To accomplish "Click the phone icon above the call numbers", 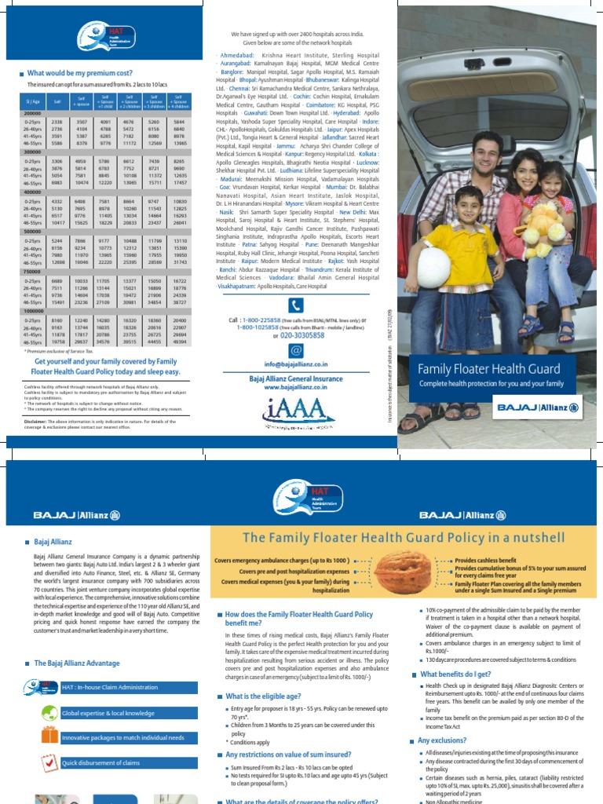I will (295, 305).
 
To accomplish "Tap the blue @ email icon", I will (295, 349).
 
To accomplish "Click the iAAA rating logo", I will (295, 409).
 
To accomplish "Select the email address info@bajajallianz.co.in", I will (295, 365).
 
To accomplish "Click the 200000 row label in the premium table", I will (32, 113).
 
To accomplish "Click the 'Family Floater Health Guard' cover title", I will (488, 368).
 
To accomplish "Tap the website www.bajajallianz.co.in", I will (295, 387).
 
